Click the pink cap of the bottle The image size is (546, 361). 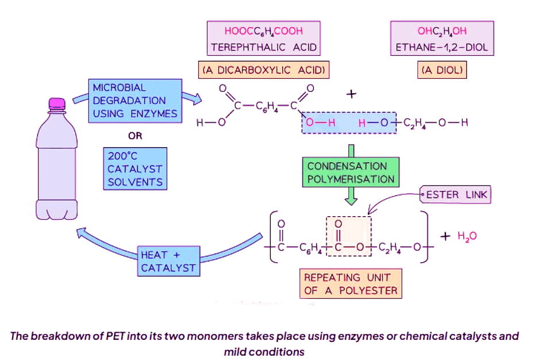coord(57,103)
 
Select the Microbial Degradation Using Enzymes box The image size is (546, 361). coord(134,101)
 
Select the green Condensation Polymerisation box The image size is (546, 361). coord(351,172)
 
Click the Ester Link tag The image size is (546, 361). coord(456,195)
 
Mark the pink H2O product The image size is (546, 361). coord(467,236)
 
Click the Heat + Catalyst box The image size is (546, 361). coord(168,261)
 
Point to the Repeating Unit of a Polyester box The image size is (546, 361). coord(351,284)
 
